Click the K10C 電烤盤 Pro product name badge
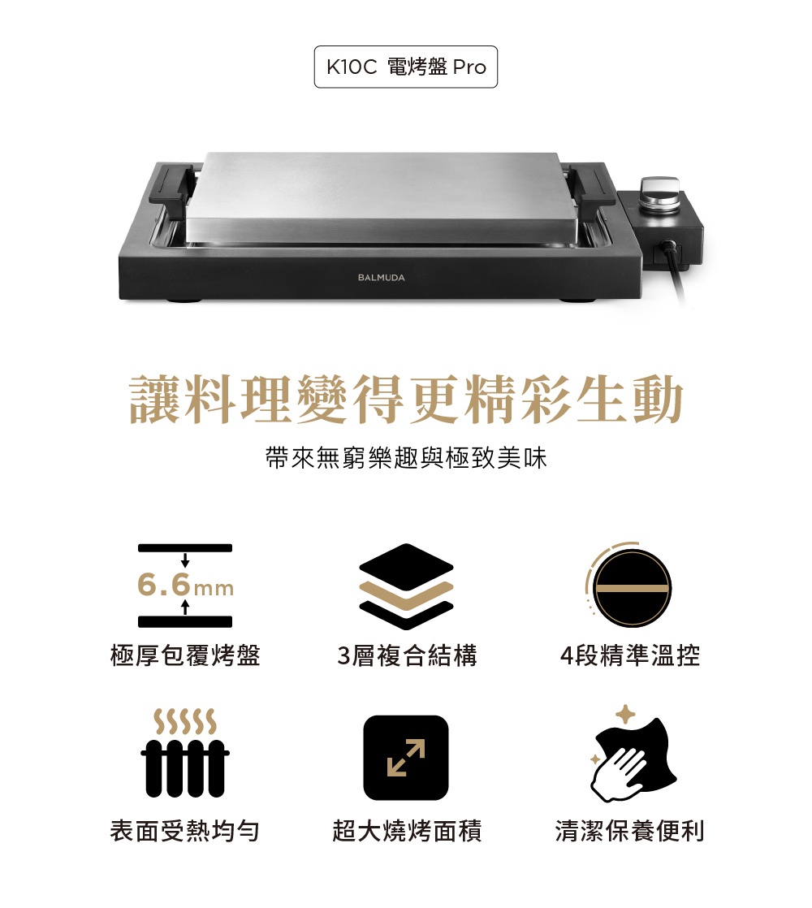click(x=406, y=67)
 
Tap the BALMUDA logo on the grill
click(x=382, y=278)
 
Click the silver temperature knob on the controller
click(x=660, y=193)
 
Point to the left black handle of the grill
click(x=171, y=184)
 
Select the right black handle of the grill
click(x=591, y=184)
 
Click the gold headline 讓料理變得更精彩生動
click(x=406, y=399)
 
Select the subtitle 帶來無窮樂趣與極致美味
click(x=406, y=458)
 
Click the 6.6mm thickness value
click(x=185, y=585)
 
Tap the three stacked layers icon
click(x=406, y=586)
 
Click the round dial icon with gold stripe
click(x=629, y=585)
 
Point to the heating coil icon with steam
click(x=184, y=753)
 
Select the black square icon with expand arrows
click(x=406, y=758)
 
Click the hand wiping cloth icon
click(x=631, y=754)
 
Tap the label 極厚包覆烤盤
click(x=185, y=655)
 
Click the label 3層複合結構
click(x=407, y=655)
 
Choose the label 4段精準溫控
click(x=630, y=655)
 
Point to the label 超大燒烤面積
click(x=407, y=830)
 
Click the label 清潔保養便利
click(x=629, y=830)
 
